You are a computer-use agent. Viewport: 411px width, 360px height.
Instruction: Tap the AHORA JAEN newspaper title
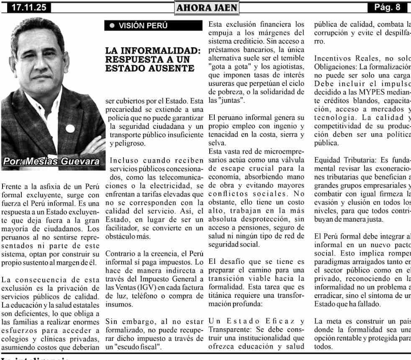(206, 8)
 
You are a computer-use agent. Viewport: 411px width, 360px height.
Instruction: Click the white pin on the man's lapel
(70, 128)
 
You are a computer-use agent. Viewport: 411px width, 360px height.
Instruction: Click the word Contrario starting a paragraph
(121, 254)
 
